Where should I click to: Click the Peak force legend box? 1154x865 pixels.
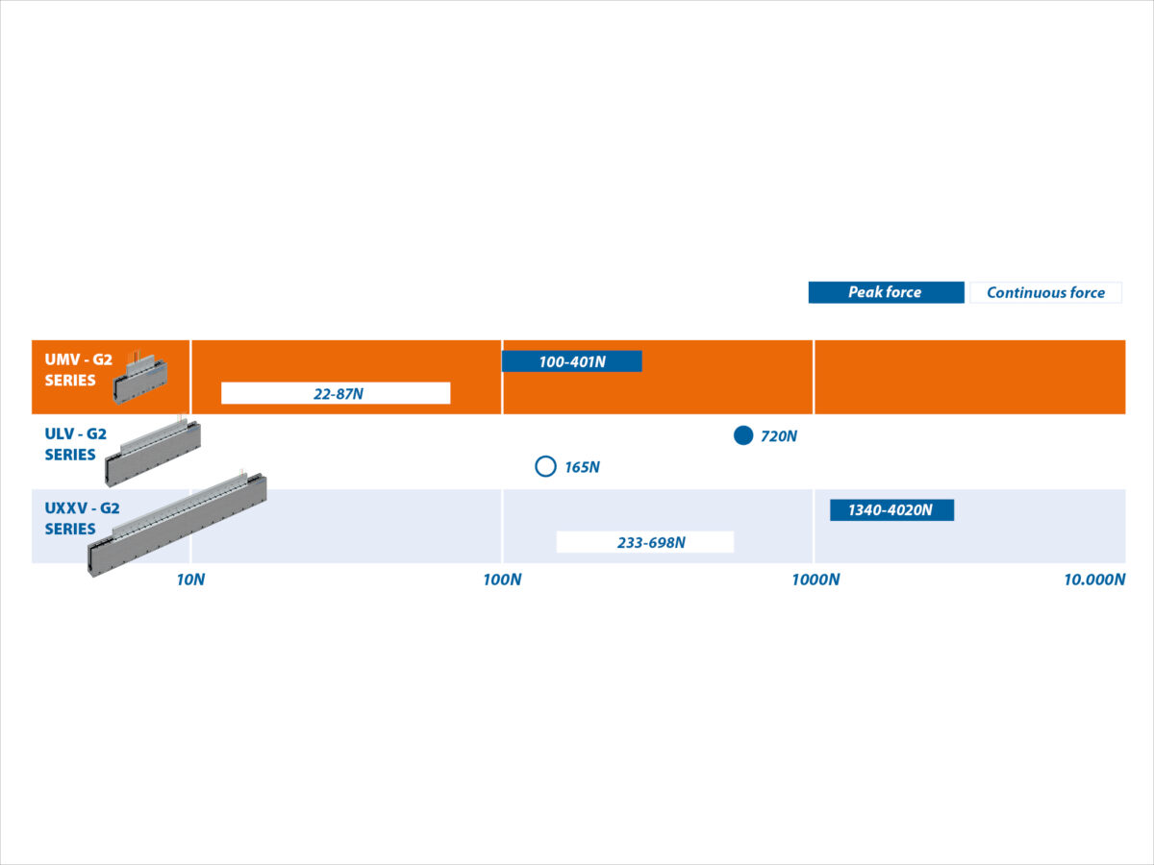coord(886,292)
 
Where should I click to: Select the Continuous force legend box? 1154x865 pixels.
coord(1045,292)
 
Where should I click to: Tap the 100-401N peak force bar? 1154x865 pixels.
coord(572,361)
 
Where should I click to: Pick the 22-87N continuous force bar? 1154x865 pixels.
coord(336,393)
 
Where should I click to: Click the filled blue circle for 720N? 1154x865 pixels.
coord(743,435)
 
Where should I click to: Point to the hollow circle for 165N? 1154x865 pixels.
coord(545,466)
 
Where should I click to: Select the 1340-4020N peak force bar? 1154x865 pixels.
coord(891,510)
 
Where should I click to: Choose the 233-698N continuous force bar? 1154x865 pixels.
coord(645,542)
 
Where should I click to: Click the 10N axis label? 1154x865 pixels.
coord(190,580)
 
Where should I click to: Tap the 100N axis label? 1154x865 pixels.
coord(502,580)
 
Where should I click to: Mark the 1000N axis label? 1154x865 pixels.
coord(815,580)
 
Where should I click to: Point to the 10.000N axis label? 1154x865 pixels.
coord(1094,580)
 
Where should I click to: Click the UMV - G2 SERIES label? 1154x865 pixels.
coord(78,370)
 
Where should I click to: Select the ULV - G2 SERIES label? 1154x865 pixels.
coord(76,444)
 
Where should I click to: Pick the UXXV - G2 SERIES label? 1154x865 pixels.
coord(82,518)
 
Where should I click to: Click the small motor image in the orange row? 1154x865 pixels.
coord(139,377)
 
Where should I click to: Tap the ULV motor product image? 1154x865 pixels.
coord(153,452)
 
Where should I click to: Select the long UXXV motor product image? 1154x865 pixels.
coord(177,524)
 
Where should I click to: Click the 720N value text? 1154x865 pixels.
coord(779,436)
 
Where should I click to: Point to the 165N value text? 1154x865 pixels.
coord(582,467)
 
